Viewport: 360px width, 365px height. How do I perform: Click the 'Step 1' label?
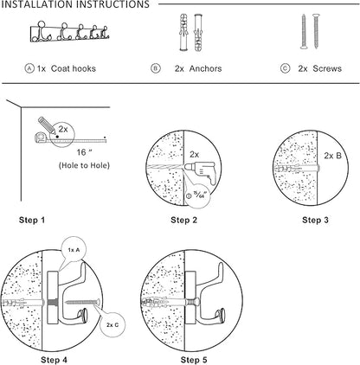[x=32, y=220]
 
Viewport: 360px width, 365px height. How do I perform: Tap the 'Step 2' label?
[x=183, y=220]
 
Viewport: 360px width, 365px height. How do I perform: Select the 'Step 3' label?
[x=315, y=220]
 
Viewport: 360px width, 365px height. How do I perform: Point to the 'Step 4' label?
[x=54, y=360]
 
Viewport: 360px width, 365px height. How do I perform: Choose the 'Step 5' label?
[x=194, y=360]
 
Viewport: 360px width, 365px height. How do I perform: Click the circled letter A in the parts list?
[x=29, y=68]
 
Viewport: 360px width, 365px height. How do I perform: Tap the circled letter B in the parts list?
[x=156, y=68]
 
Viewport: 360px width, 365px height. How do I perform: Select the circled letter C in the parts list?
[x=285, y=68]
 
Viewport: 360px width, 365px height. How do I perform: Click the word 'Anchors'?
[x=206, y=68]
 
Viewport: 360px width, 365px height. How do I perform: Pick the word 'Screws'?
[x=327, y=68]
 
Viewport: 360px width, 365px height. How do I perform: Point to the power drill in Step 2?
[x=200, y=172]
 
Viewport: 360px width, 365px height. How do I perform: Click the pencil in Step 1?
[x=47, y=125]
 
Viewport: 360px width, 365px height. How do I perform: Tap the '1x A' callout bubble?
[x=74, y=249]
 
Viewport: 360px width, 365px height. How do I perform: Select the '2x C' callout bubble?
[x=112, y=324]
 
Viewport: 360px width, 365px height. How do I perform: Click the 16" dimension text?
[x=84, y=152]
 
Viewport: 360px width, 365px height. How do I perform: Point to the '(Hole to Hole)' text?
[x=84, y=165]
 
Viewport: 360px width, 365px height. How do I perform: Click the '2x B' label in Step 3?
[x=332, y=156]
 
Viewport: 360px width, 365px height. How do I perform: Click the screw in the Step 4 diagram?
[x=83, y=302]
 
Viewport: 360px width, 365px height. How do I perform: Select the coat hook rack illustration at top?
[x=69, y=32]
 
